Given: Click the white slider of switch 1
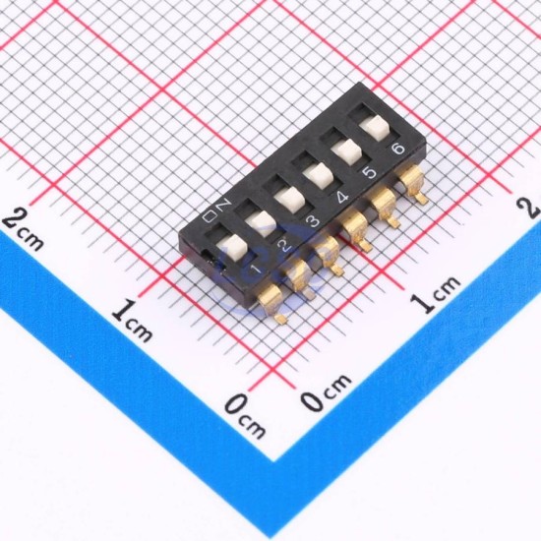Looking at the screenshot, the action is (232, 247).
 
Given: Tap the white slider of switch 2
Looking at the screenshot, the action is (261, 223).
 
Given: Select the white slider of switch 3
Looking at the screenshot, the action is (290, 200).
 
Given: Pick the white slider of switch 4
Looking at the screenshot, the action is (318, 176).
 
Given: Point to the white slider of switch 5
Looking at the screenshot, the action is (346, 151).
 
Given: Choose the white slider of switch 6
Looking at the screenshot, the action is (375, 128).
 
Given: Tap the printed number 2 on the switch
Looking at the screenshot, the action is (284, 245).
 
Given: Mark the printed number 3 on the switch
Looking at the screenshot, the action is (313, 221).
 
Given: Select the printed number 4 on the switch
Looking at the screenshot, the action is (341, 197).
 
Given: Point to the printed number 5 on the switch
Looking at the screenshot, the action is (370, 172).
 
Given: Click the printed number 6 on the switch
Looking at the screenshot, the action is (398, 149).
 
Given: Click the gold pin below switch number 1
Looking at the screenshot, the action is (271, 303).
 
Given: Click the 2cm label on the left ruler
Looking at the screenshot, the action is (24, 228).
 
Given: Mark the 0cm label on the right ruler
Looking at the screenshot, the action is (326, 392).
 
